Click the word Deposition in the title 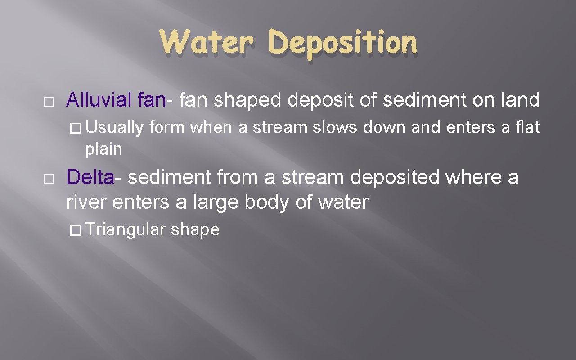342,44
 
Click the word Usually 114,128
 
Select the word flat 528,128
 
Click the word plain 103,149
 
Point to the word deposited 395,178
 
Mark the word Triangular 125,230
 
